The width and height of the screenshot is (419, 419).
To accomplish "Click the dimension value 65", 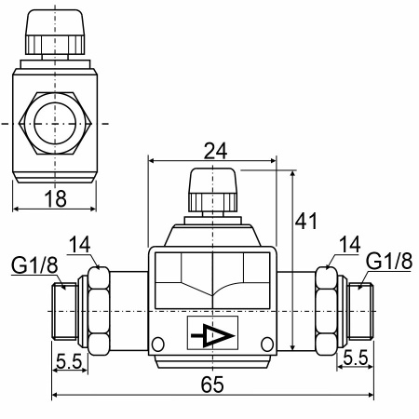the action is point(212,385).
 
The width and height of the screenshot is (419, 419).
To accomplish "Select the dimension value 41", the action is point(306,222).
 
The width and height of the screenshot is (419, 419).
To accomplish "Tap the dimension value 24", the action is point(215,151).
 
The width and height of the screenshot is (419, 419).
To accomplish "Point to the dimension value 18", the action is point(56,198).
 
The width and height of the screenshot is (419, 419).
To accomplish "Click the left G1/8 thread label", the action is point(34,265).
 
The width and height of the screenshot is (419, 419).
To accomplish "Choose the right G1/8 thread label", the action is point(389,261).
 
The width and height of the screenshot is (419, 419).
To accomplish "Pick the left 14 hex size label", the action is point(79,245).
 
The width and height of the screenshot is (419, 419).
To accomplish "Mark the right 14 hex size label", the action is point(350,245).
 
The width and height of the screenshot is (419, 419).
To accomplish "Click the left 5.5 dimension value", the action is point(69,361).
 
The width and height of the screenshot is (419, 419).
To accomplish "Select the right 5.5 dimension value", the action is point(356,358).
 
